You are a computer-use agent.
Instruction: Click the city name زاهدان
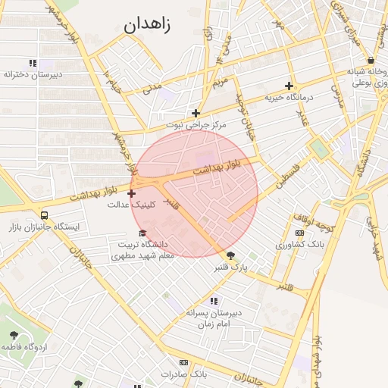click(x=148, y=24)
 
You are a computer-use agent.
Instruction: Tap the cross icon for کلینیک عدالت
click(x=132, y=194)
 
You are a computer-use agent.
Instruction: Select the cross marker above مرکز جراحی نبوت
click(x=196, y=112)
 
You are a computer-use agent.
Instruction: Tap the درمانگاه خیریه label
click(x=287, y=98)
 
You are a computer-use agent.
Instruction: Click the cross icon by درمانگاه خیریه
click(x=289, y=86)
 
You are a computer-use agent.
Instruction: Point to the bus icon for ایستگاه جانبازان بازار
click(x=44, y=215)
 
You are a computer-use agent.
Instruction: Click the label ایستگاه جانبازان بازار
click(x=44, y=227)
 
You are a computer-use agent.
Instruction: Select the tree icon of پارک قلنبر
click(x=230, y=255)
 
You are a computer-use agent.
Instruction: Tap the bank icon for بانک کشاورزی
click(x=300, y=233)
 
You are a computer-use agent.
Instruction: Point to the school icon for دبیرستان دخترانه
click(x=32, y=63)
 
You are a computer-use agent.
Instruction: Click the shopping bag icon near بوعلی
click(x=370, y=60)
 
